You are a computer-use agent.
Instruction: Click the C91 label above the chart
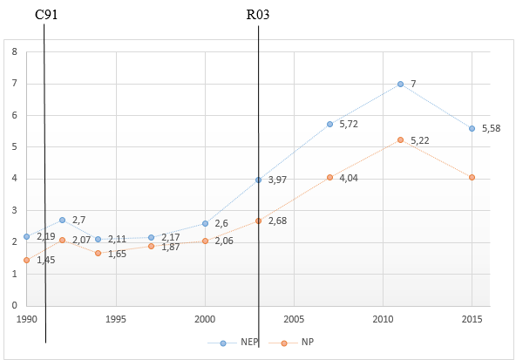pyautogui.click(x=46, y=17)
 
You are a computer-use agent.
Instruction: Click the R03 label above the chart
pyautogui.click(x=258, y=17)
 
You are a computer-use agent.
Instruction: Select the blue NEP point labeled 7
pyautogui.click(x=400, y=84)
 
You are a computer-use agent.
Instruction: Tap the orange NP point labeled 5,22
pyautogui.click(x=400, y=139)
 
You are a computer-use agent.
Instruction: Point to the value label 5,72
pyautogui.click(x=350, y=125)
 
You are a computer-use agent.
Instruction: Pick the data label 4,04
pyautogui.click(x=350, y=178)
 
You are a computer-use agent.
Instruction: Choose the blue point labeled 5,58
pyautogui.click(x=472, y=128)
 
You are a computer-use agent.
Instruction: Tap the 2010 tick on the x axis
pyautogui.click(x=383, y=318)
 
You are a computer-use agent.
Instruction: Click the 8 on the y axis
pyautogui.click(x=14, y=52)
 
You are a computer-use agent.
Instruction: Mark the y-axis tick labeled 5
pyautogui.click(x=14, y=147)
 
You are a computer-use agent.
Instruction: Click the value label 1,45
pyautogui.click(x=45, y=261)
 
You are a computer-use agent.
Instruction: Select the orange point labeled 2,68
pyautogui.click(x=258, y=221)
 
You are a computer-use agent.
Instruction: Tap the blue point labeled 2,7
pyautogui.click(x=62, y=220)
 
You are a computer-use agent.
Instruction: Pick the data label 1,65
pyautogui.click(x=119, y=254)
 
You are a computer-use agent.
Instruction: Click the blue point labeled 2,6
pyautogui.click(x=205, y=223)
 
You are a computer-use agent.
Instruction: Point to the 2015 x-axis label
pyautogui.click(x=472, y=318)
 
